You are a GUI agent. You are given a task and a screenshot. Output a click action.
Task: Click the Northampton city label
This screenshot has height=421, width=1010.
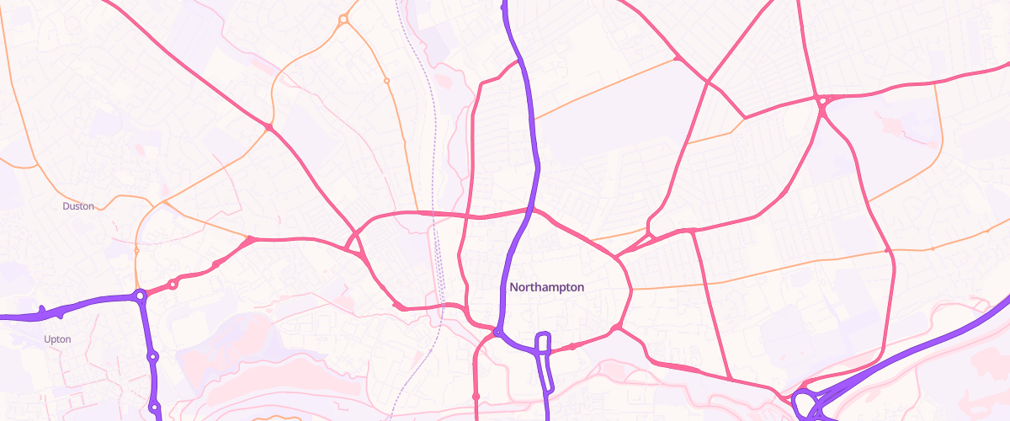[x=546, y=287]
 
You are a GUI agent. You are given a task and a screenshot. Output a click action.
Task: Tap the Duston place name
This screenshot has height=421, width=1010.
[x=78, y=205]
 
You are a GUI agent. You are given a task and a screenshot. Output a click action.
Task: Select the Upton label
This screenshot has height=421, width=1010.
[x=57, y=339]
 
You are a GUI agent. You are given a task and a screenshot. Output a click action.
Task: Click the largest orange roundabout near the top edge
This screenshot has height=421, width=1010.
[x=343, y=19]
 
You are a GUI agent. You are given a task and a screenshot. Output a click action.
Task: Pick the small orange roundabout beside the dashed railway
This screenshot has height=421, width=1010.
[x=386, y=81]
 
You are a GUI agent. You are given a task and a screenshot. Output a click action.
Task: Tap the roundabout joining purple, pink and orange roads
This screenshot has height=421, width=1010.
[x=141, y=296]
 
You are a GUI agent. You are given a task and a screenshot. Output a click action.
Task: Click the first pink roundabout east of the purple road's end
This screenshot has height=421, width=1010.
[x=173, y=285]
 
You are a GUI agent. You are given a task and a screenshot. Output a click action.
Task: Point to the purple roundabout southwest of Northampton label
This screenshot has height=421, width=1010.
[x=497, y=333]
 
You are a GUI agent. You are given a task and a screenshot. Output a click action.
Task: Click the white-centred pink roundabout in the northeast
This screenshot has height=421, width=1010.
[x=822, y=101]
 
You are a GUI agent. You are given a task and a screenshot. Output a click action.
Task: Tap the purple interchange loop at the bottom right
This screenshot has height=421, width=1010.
[x=806, y=403]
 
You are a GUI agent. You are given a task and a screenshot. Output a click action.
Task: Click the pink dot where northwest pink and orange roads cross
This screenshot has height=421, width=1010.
[x=269, y=127]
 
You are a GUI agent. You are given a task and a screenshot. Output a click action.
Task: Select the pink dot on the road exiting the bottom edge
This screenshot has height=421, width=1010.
[x=476, y=395]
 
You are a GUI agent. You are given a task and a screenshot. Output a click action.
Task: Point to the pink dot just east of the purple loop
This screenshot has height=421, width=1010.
[x=572, y=346]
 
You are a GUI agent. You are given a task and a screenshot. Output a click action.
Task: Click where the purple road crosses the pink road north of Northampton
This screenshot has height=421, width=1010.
[x=531, y=210]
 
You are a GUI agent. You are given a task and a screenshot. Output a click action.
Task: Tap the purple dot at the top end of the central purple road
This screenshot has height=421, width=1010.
[x=504, y=7]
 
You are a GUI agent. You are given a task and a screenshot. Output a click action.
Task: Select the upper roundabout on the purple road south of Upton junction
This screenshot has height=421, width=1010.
[x=152, y=357]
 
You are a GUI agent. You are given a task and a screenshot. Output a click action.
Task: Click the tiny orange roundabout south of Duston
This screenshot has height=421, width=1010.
[x=136, y=250]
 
